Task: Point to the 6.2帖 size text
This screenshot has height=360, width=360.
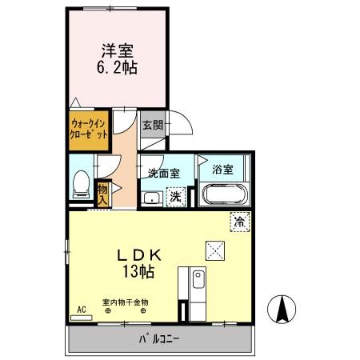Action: [116, 68]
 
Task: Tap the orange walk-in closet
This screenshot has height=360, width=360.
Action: [89, 130]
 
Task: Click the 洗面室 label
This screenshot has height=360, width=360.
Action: [163, 172]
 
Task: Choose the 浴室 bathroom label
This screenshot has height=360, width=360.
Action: [222, 170]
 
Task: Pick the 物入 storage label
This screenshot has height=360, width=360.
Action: [103, 192]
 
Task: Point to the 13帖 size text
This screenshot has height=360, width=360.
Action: [140, 271]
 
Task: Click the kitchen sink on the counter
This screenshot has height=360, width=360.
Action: [198, 280]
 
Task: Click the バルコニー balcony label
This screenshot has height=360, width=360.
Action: [160, 339]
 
